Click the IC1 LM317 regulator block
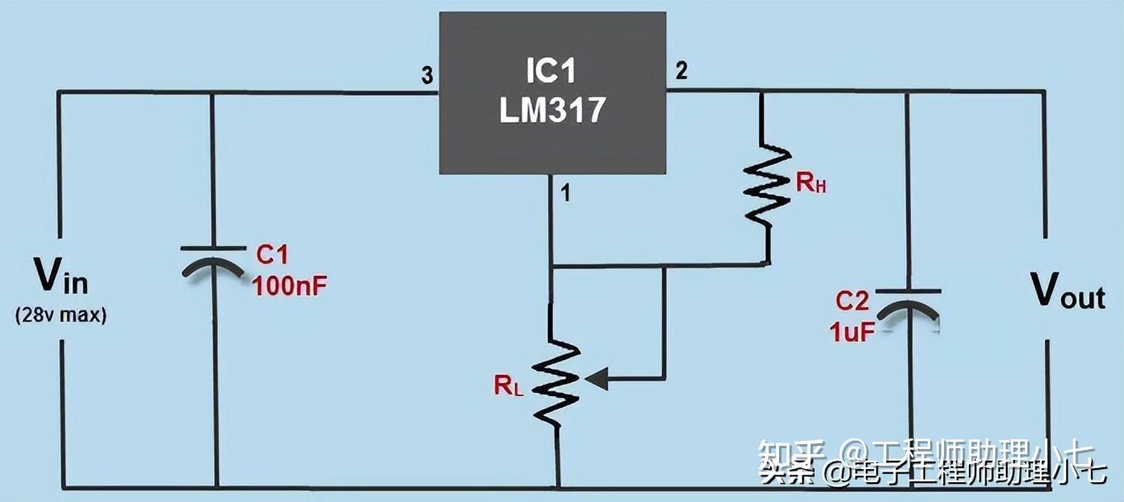(552, 92)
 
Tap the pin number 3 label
(427, 76)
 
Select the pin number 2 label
(681, 71)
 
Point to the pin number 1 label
(565, 194)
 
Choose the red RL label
(508, 384)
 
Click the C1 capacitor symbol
(213, 259)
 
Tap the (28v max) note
(60, 315)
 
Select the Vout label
(1068, 291)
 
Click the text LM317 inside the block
(552, 110)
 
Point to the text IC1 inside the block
(551, 72)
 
